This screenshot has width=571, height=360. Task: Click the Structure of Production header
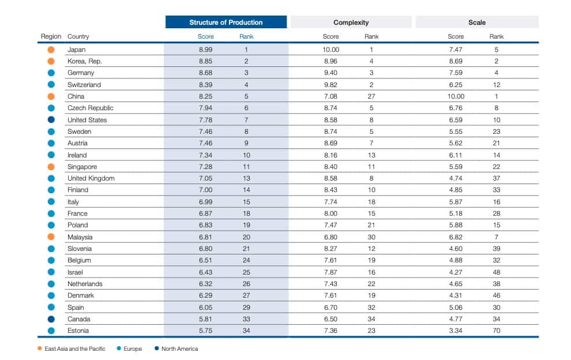226,22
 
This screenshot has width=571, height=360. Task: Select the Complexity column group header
351,22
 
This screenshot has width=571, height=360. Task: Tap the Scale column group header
477,22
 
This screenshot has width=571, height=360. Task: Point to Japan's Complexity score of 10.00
330,50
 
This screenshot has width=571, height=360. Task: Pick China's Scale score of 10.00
456,96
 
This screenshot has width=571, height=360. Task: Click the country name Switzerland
84,85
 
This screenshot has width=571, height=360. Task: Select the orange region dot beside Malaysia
51,237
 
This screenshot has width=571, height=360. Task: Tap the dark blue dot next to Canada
51,319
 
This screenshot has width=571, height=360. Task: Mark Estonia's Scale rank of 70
496,331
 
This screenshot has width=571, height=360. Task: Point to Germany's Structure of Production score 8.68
206,73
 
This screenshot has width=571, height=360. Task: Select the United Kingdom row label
91,178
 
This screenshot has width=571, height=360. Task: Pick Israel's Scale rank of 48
496,272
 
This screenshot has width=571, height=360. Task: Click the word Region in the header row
51,37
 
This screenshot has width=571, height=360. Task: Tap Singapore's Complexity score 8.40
330,167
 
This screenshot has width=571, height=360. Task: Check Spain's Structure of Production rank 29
246,307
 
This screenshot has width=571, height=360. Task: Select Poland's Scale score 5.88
456,225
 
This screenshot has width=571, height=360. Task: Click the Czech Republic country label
90,108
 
